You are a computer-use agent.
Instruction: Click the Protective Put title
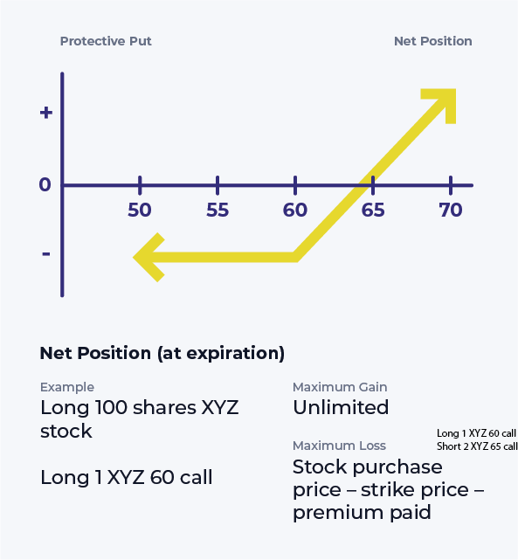[x=111, y=41]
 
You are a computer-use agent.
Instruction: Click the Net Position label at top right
[x=432, y=41]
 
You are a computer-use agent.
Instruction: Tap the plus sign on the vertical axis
[x=46, y=113]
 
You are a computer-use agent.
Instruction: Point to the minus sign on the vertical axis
[x=45, y=253]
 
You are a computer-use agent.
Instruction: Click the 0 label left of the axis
[x=45, y=185]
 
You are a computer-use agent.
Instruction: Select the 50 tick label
[x=140, y=210]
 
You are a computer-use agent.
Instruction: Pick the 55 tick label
[x=218, y=210]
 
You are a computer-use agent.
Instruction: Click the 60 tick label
[x=295, y=210]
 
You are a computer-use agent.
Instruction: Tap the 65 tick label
[x=373, y=210]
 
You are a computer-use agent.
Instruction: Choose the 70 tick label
[x=451, y=210]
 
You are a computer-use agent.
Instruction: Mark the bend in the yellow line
[x=296, y=257]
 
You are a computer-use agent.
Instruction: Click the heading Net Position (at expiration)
[x=162, y=353]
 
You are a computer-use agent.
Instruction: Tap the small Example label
[x=67, y=387]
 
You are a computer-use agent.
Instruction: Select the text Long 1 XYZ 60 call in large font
[x=127, y=477]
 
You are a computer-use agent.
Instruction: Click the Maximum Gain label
[x=340, y=387]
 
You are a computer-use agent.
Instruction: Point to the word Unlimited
[x=341, y=407]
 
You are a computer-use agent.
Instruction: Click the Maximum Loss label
[x=339, y=446]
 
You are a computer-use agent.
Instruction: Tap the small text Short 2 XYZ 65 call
[x=477, y=446]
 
